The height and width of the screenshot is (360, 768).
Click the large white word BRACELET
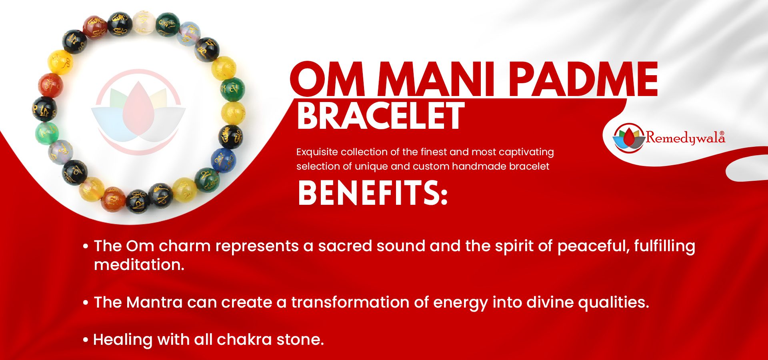coord(380,116)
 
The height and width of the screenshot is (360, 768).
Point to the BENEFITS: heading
coord(372,193)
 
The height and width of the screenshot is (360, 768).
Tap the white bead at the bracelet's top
coord(144,22)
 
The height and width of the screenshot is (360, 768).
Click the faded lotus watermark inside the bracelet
coord(138,112)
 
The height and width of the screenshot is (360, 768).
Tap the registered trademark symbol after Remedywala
coord(722,133)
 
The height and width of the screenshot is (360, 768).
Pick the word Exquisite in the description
coord(317,152)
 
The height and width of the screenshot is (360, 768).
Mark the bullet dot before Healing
coord(85,340)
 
